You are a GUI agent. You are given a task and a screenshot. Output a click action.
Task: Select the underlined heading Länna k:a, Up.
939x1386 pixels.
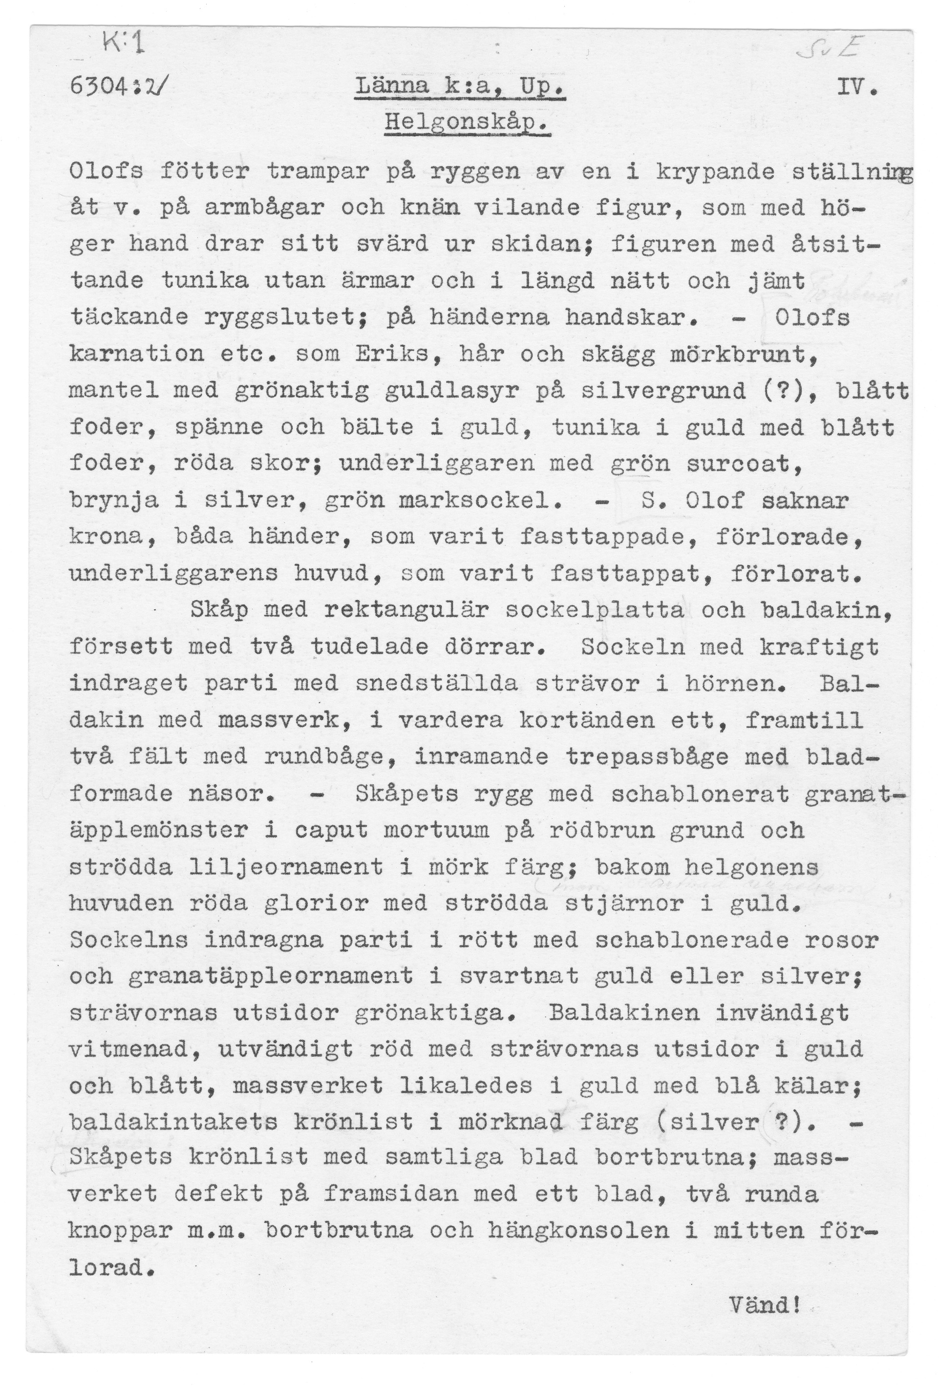click(x=459, y=89)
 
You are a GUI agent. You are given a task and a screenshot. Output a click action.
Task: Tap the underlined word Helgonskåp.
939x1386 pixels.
click(x=467, y=124)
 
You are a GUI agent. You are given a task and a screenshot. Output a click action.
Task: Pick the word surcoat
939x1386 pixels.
click(x=744, y=463)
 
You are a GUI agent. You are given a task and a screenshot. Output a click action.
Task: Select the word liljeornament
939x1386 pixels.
click(x=286, y=866)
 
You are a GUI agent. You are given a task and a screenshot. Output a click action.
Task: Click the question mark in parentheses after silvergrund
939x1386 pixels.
click(x=807, y=391)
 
